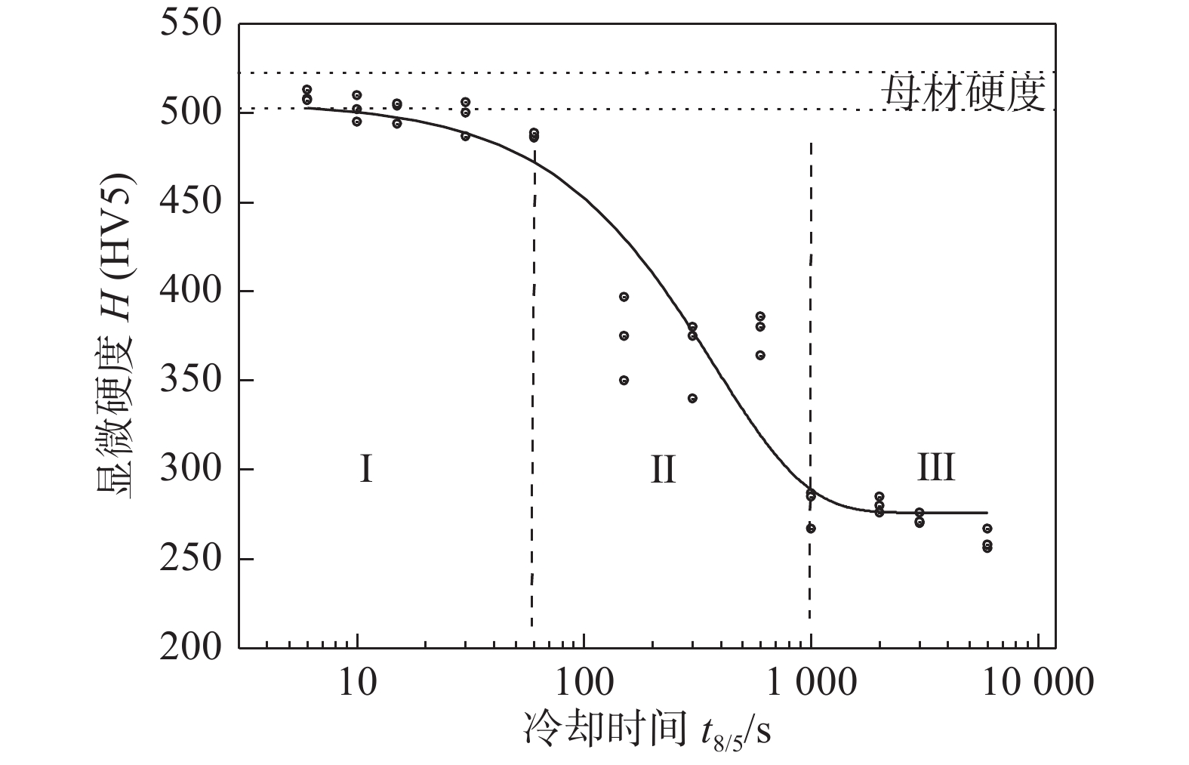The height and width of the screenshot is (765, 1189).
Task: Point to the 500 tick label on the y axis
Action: pyautogui.click(x=191, y=113)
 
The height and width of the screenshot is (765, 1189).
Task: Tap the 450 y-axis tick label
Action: pyautogui.click(x=191, y=202)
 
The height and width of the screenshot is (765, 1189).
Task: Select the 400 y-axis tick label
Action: pyautogui.click(x=191, y=292)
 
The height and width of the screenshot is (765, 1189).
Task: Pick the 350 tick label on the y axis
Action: pyautogui.click(x=191, y=380)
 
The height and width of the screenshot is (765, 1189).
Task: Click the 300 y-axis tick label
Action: pyautogui.click(x=191, y=470)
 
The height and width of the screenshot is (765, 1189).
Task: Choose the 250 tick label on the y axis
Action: pyautogui.click(x=191, y=559)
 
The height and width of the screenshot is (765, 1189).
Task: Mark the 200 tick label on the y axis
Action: pyautogui.click(x=191, y=647)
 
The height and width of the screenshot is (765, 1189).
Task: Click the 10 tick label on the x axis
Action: pyautogui.click(x=357, y=683)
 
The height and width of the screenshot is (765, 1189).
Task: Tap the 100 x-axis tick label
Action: pyautogui.click(x=584, y=683)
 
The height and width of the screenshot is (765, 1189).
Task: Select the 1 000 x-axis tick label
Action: pyautogui.click(x=810, y=683)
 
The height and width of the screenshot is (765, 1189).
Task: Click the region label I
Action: pyautogui.click(x=365, y=469)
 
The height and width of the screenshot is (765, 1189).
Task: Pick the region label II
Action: pyautogui.click(x=663, y=469)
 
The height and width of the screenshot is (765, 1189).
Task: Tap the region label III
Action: pyautogui.click(x=935, y=467)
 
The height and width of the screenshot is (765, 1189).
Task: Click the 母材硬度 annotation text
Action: pyautogui.click(x=963, y=93)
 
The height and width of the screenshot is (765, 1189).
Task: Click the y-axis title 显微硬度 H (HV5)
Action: pyautogui.click(x=115, y=335)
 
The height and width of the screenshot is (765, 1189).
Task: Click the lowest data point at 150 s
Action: pyautogui.click(x=624, y=381)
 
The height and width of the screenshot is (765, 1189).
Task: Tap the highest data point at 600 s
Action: pyautogui.click(x=760, y=316)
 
